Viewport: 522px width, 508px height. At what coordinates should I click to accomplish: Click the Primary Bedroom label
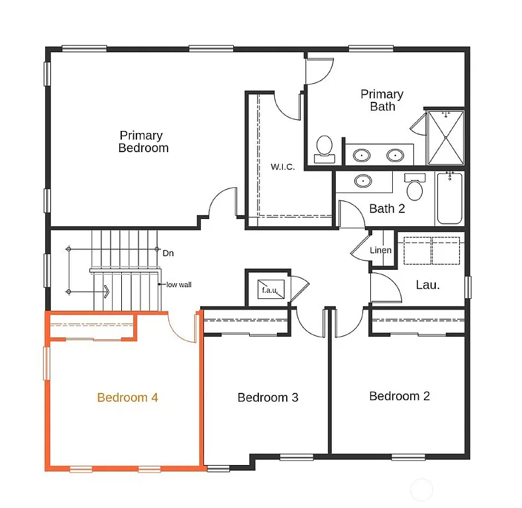(x=142, y=142)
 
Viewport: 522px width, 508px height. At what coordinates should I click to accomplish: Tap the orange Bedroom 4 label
(x=127, y=398)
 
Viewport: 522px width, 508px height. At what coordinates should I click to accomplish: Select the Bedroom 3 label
(x=268, y=398)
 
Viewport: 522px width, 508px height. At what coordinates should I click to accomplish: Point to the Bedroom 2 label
(x=399, y=396)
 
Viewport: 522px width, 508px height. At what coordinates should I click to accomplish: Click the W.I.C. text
(x=283, y=167)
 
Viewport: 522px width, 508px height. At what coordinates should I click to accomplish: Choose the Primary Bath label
(x=382, y=100)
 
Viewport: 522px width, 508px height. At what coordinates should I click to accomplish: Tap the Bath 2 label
(x=387, y=209)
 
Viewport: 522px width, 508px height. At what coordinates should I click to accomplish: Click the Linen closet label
(x=380, y=251)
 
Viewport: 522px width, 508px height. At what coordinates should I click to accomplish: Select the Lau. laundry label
(x=427, y=285)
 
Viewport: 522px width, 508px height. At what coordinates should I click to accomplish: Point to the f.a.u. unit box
(x=270, y=290)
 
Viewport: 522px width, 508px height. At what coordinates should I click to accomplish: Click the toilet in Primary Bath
(x=325, y=149)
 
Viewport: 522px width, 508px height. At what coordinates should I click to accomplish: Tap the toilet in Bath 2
(x=415, y=187)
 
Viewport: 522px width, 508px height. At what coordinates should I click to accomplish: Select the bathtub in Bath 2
(x=450, y=198)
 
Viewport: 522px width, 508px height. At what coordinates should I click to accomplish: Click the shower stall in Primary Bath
(x=446, y=138)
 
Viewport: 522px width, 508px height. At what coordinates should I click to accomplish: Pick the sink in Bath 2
(x=362, y=180)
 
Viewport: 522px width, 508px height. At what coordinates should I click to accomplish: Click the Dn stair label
(x=168, y=253)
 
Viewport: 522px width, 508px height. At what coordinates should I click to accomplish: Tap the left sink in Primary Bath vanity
(x=362, y=156)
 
